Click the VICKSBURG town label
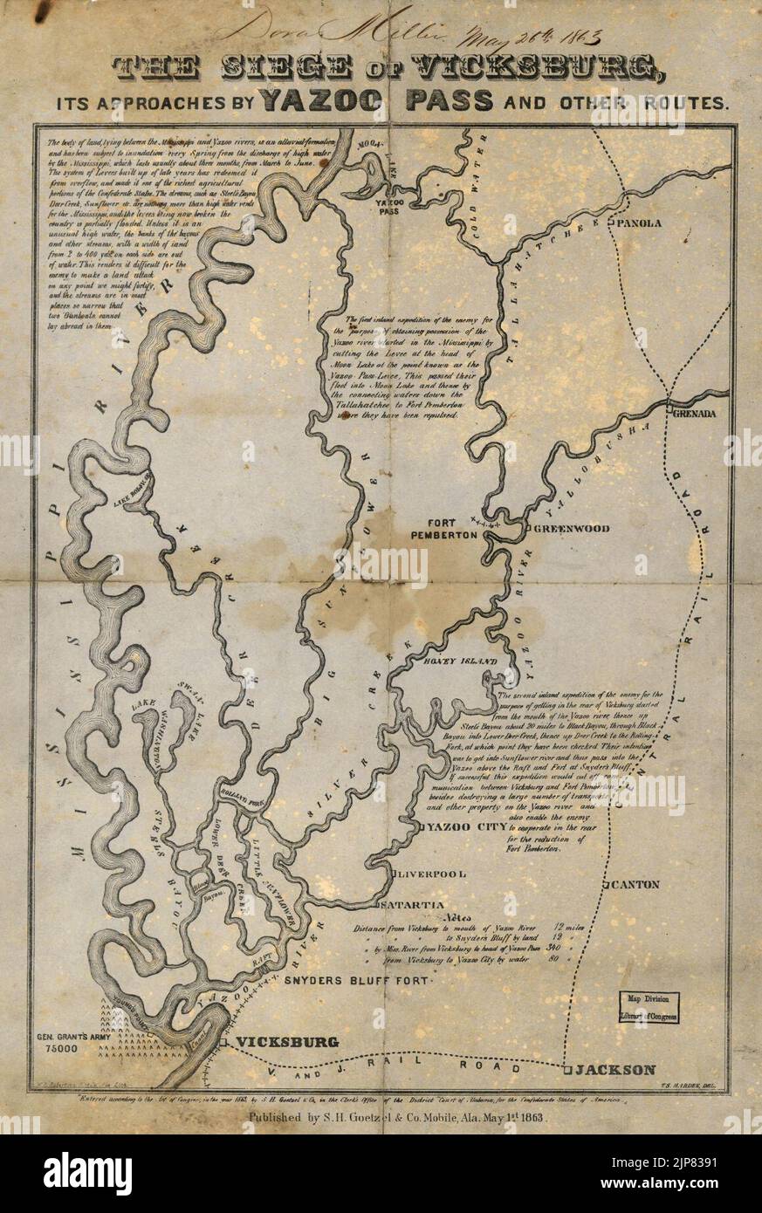276,1043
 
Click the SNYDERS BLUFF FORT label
358,981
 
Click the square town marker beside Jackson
566,1070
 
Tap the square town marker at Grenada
668,408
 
